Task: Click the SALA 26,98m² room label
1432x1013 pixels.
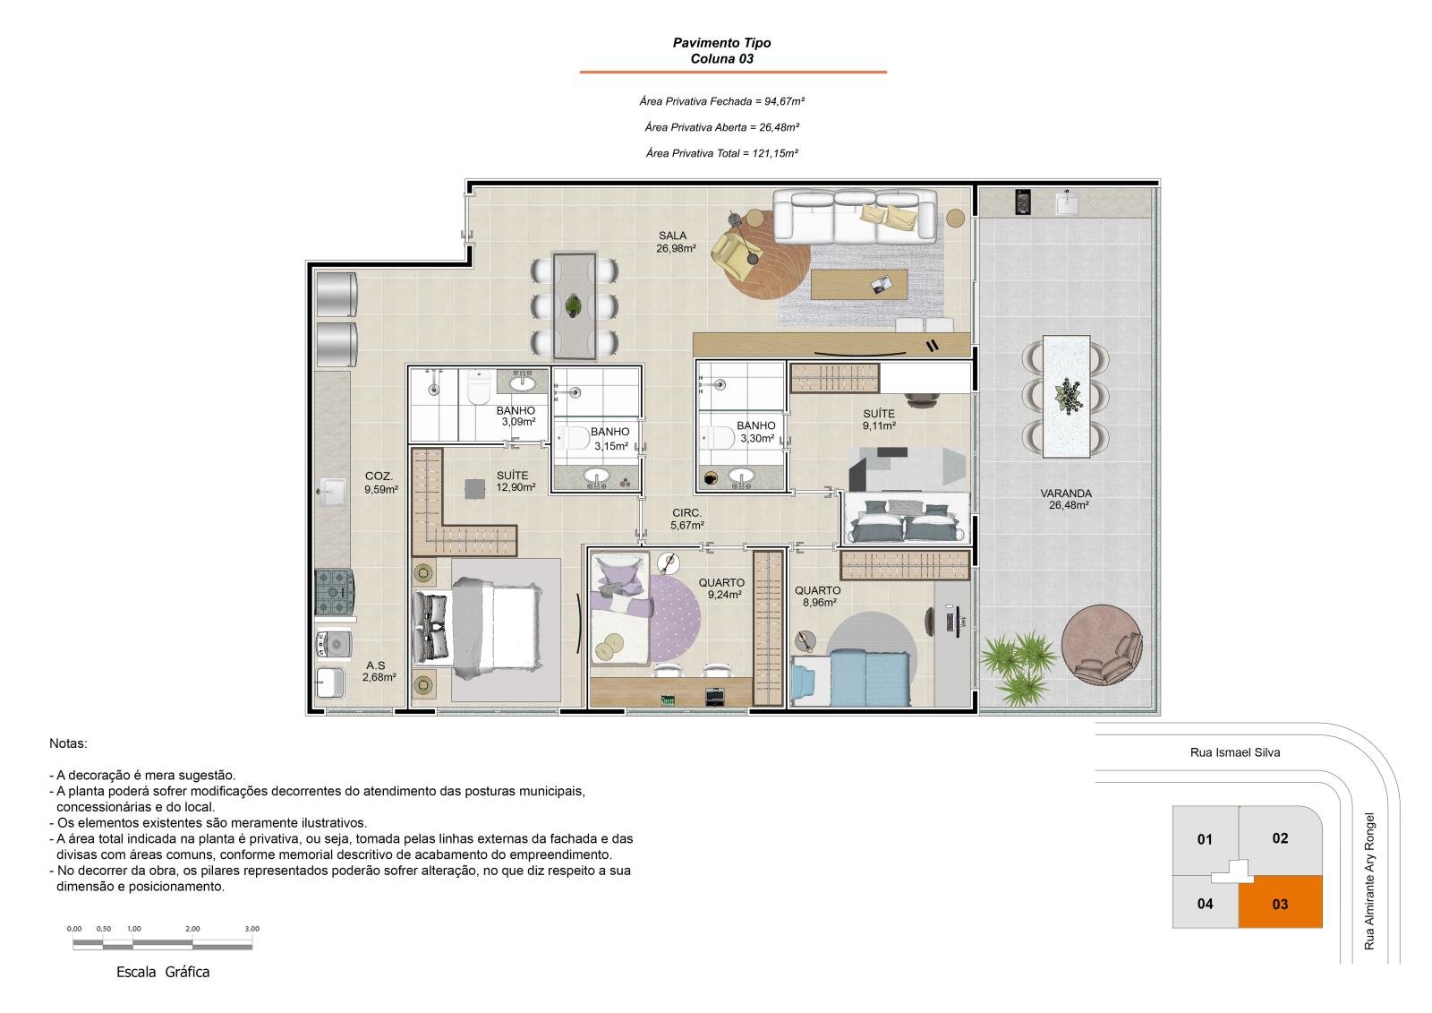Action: (675, 242)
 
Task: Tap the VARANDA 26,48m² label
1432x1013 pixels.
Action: (1068, 499)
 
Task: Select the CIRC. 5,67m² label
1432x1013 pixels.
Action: (687, 519)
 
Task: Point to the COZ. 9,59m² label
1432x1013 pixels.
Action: (381, 483)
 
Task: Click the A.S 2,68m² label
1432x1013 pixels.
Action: (379, 671)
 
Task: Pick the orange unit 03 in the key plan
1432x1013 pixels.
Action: (1280, 902)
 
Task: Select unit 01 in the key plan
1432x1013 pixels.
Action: (1205, 839)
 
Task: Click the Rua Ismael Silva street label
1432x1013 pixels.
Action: (1235, 752)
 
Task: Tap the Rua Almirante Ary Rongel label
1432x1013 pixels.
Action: (1368, 881)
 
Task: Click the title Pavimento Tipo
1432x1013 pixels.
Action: (721, 43)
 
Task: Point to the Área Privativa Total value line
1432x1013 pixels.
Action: (721, 153)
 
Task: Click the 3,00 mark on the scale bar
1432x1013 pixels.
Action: (251, 929)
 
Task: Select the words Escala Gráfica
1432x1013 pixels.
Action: (163, 972)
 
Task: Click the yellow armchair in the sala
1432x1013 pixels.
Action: (730, 253)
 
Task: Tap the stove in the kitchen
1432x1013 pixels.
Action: (334, 593)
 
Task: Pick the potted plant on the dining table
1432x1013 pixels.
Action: (573, 306)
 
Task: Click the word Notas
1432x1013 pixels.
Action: (68, 743)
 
